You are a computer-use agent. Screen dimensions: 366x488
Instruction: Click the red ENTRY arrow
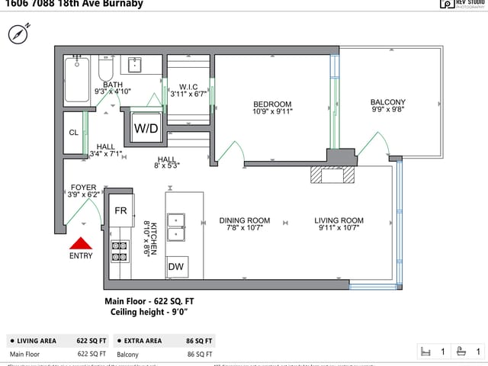pyautogui.click(x=81, y=243)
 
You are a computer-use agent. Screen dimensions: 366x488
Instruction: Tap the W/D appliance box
pyautogui.click(x=146, y=128)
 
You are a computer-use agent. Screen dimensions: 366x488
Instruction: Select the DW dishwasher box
pyautogui.click(x=175, y=267)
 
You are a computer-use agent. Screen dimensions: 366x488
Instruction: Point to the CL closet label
pyautogui.click(x=73, y=133)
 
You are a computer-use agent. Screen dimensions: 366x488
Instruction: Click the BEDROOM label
pyautogui.click(x=272, y=104)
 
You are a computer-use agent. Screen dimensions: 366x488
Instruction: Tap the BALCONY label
pyautogui.click(x=388, y=102)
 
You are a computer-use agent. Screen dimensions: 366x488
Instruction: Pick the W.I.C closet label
pyautogui.click(x=189, y=87)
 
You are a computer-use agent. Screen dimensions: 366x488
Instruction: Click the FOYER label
pyautogui.click(x=84, y=187)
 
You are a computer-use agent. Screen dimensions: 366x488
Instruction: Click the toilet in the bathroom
pyautogui.click(x=105, y=71)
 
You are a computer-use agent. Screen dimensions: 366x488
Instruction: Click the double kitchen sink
pyautogui.click(x=178, y=226)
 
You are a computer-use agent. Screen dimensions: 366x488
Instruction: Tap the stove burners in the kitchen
pyautogui.click(x=120, y=251)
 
